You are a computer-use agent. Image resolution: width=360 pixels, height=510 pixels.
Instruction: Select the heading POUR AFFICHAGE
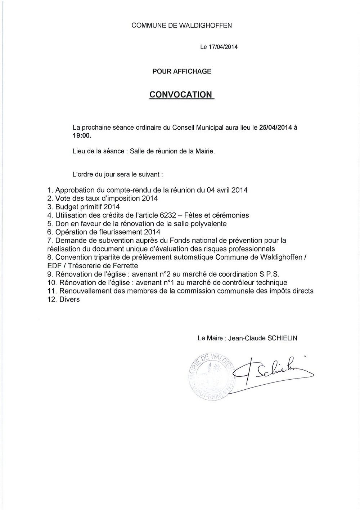(182, 71)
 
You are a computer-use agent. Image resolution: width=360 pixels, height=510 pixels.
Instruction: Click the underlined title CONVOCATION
(181, 94)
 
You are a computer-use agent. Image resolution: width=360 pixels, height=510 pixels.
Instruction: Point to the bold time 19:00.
(81, 136)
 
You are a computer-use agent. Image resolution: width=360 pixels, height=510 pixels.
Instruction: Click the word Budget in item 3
(67, 207)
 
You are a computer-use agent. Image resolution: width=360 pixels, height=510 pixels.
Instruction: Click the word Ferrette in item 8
(126, 266)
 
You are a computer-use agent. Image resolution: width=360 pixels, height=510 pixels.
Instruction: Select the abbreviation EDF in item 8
(54, 266)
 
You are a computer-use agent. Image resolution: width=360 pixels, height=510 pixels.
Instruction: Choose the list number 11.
(51, 291)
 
